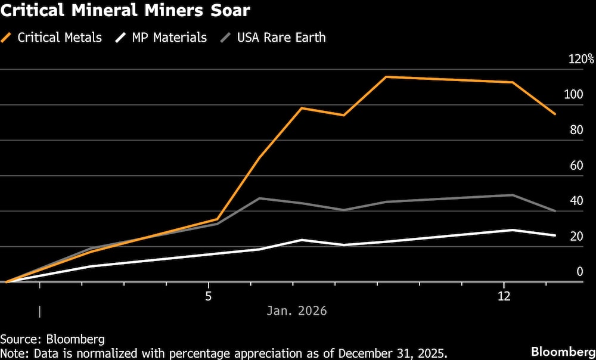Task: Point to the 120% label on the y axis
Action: click(580, 59)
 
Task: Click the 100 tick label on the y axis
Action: click(572, 94)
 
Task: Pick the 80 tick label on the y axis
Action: click(575, 130)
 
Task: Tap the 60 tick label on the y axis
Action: click(575, 165)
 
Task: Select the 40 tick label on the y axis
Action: click(575, 201)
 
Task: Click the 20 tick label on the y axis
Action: click(575, 236)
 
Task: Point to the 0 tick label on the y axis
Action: click(578, 272)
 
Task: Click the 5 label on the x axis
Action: click(209, 296)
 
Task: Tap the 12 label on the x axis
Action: click(504, 296)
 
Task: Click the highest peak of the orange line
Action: click(386, 77)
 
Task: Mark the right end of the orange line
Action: click(555, 114)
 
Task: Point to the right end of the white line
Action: click(555, 235)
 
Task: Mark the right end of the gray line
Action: click(555, 211)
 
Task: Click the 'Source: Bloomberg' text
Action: click(52, 339)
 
